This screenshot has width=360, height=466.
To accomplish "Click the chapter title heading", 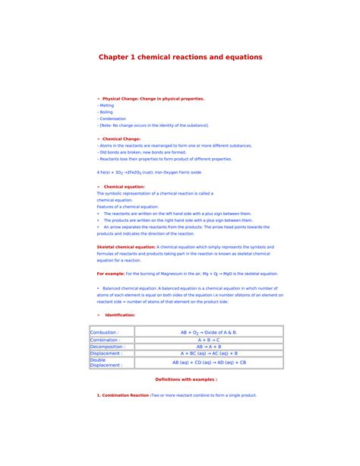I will pyautogui.click(x=180, y=57).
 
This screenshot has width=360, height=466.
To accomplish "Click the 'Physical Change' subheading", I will pyautogui.click(x=152, y=99).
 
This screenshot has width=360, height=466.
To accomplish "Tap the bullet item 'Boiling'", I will pyautogui.click(x=106, y=112).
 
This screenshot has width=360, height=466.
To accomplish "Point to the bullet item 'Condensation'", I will pyautogui.click(x=113, y=119).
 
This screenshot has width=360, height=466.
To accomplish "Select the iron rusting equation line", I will pyautogui.click(x=149, y=173).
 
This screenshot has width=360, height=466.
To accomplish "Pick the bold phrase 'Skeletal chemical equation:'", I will pyautogui.click(x=126, y=247).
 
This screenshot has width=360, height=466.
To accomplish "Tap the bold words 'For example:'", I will pyautogui.click(x=110, y=273).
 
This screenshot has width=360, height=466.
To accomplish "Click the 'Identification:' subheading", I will pyautogui.click(x=120, y=314).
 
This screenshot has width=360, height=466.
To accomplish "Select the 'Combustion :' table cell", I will pyautogui.click(x=104, y=332).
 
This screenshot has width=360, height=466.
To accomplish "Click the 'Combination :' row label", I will pyautogui.click(x=106, y=340).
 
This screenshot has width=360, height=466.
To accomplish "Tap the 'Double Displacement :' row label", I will pyautogui.click(x=106, y=362).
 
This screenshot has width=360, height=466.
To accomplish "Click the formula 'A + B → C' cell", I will pyautogui.click(x=209, y=340).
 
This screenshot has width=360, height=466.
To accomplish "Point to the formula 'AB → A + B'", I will pyautogui.click(x=209, y=347).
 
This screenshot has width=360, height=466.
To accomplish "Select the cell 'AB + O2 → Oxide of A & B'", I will pyautogui.click(x=209, y=332).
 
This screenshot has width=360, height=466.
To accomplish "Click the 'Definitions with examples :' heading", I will pyautogui.click(x=186, y=379).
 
